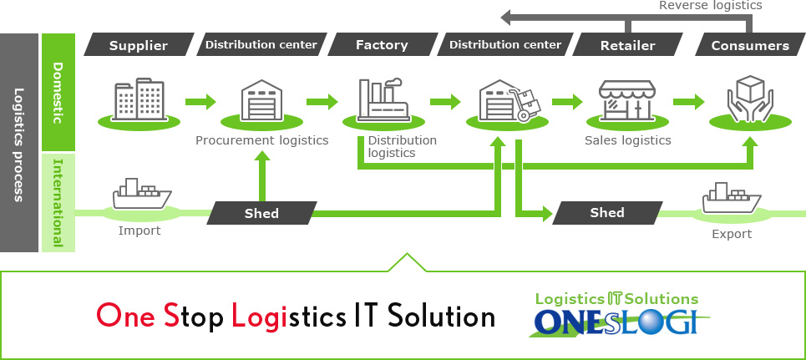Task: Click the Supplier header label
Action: [139, 45]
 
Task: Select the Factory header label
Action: [382, 45]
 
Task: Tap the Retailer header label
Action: [627, 45]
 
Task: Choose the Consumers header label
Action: [749, 45]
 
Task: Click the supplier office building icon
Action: [139, 99]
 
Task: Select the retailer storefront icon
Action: [626, 101]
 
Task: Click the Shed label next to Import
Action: [261, 213]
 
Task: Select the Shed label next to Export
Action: [607, 212]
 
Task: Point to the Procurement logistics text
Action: [261, 140]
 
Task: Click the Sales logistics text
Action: [627, 140]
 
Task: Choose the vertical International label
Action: [58, 202]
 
